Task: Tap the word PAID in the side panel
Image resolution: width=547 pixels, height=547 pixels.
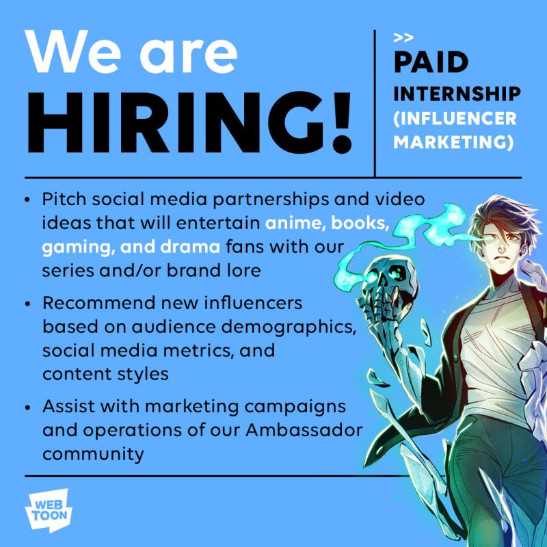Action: pos(431,63)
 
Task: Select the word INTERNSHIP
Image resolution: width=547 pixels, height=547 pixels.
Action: pos(456,93)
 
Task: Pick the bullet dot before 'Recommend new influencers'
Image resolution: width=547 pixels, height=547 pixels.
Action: pos(27,303)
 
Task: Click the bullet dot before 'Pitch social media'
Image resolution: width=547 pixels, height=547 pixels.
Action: pos(27,200)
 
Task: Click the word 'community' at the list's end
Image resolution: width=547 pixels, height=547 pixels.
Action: pos(93,453)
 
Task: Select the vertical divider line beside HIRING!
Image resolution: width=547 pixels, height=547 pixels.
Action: pos(375,103)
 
